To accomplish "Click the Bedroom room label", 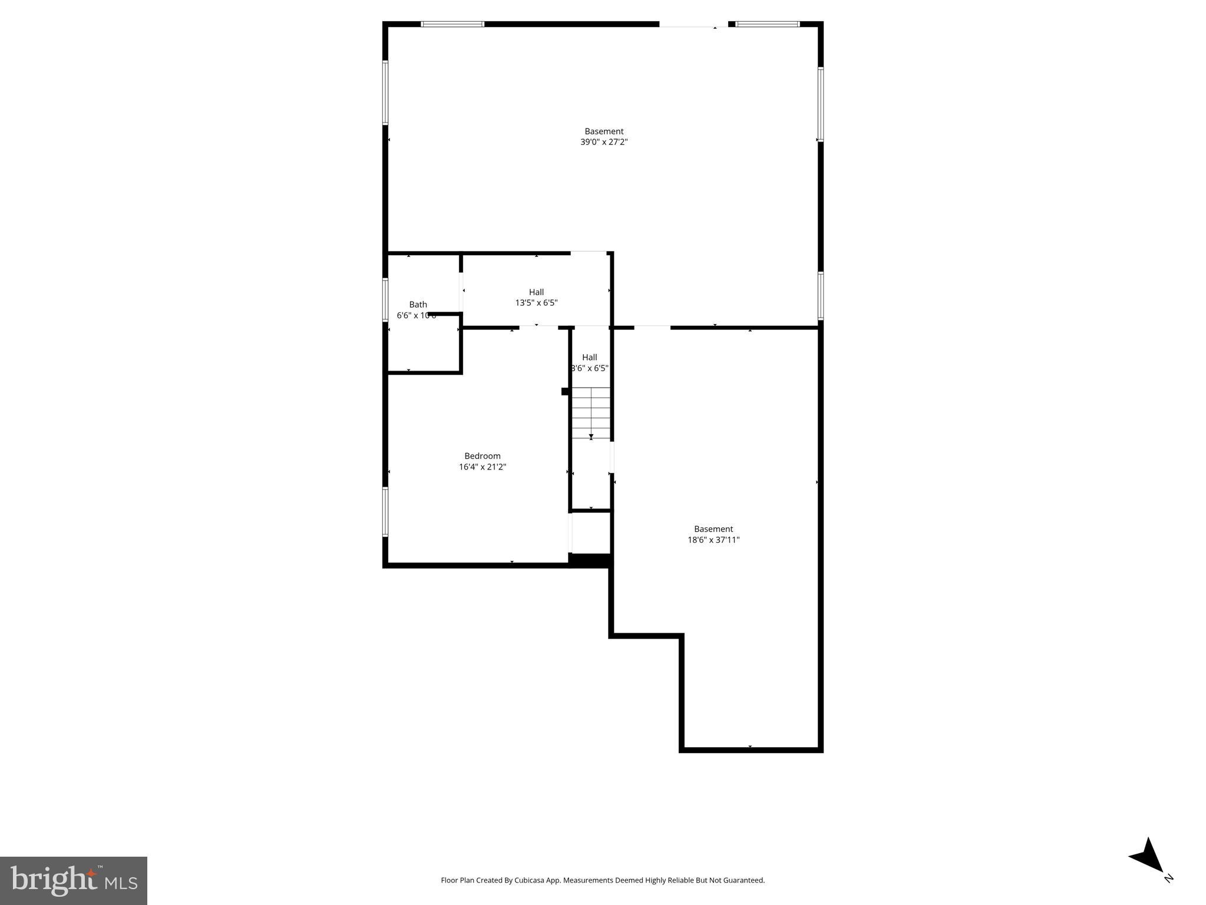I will [x=482, y=456].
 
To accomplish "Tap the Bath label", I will [x=418, y=305].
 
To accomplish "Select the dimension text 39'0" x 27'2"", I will [x=604, y=142].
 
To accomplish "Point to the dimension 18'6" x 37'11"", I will [x=713, y=540].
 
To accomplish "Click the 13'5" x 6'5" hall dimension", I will [x=536, y=303].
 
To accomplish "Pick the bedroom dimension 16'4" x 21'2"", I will [x=482, y=467].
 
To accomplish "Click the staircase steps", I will [x=591, y=412].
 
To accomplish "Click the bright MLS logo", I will [x=73, y=880].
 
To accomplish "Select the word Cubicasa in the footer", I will [x=528, y=880].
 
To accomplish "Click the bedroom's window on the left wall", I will [x=385, y=511].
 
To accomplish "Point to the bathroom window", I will [x=385, y=300].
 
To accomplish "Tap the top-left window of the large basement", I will [x=452, y=24].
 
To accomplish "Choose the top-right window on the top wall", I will [x=767, y=24].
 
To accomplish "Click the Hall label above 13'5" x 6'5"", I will [x=536, y=292].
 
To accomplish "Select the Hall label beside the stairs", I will [x=589, y=357].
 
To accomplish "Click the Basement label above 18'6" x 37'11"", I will [x=713, y=529].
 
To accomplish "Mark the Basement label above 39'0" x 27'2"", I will [x=604, y=131].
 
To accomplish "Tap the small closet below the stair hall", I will [x=590, y=533].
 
